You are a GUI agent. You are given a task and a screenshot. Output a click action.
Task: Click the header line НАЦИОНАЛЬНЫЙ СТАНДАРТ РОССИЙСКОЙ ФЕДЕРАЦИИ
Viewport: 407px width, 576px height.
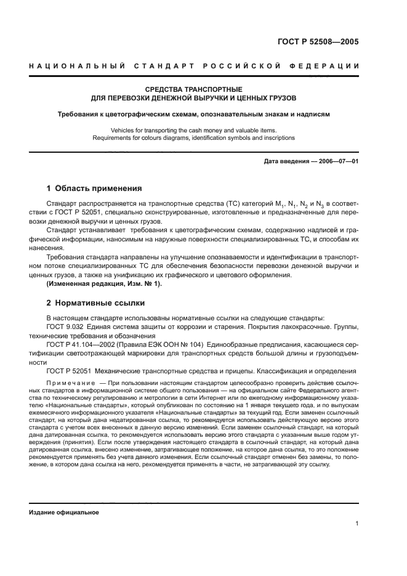point(203,66)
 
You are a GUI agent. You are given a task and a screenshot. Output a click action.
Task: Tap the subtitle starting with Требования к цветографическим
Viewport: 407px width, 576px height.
point(193,114)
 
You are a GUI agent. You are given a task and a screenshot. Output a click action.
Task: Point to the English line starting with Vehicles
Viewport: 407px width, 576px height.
point(193,130)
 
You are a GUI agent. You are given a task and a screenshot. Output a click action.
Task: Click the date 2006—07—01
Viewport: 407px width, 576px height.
point(337,161)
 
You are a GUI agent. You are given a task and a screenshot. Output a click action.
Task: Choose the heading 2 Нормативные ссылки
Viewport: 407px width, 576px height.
point(95,303)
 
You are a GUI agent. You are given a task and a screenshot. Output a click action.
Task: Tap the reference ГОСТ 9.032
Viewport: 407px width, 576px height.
point(67,327)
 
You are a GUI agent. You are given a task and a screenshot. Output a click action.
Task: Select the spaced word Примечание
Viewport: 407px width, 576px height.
point(66,383)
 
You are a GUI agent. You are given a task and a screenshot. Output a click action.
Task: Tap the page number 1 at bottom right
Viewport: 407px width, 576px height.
point(357,524)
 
